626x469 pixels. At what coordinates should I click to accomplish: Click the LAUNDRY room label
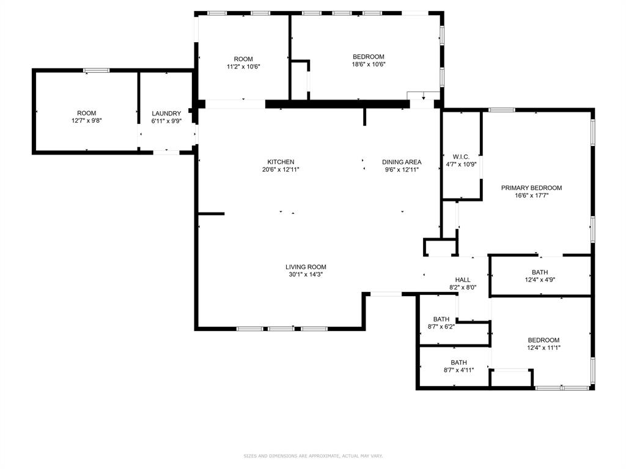(166, 114)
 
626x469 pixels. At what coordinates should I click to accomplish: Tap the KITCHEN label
(281, 162)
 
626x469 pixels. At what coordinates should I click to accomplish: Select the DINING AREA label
(402, 162)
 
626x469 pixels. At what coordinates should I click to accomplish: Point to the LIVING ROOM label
(306, 267)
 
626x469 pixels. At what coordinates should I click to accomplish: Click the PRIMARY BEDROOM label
(531, 188)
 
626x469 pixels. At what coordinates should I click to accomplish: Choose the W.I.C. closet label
(461, 156)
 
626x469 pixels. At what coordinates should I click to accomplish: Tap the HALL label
(462, 280)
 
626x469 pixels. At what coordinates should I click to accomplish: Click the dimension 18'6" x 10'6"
(368, 65)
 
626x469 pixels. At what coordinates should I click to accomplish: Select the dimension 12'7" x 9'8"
(86, 121)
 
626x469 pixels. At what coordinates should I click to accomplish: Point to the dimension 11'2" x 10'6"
(243, 67)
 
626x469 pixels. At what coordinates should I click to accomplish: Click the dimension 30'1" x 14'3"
(306, 275)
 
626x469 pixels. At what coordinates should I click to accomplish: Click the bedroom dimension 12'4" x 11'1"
(543, 348)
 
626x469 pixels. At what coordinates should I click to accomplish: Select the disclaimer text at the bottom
(313, 456)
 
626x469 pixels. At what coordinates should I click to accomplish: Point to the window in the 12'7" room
(97, 71)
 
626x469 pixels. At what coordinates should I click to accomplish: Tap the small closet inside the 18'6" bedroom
(300, 79)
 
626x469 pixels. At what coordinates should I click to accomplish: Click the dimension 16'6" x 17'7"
(531, 196)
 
